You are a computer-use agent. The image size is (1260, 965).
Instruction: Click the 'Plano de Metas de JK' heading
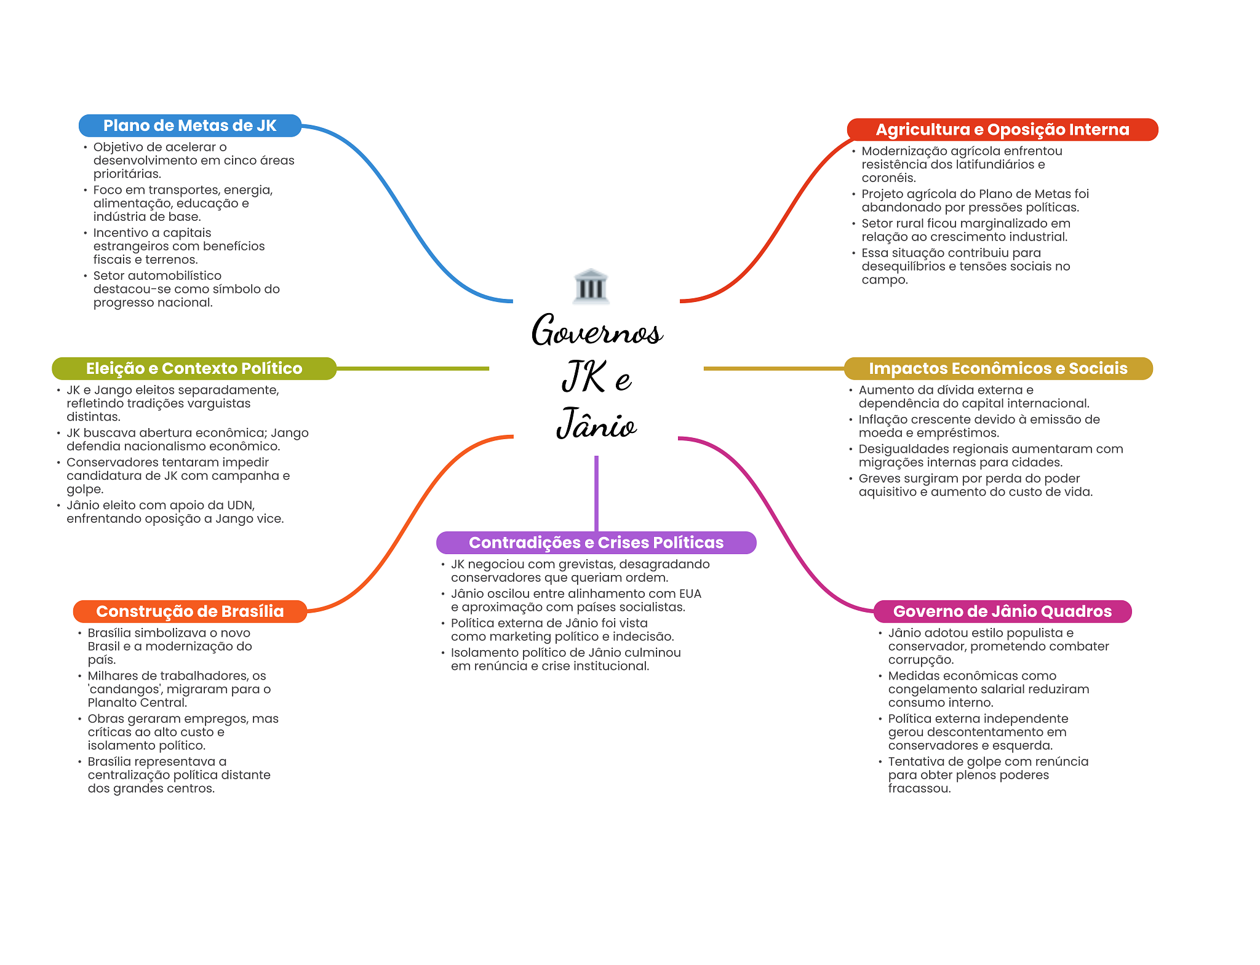[x=189, y=125]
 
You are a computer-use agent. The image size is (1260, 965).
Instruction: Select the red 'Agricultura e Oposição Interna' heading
[x=1002, y=129]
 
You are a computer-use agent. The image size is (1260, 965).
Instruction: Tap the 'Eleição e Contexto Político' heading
[x=194, y=368]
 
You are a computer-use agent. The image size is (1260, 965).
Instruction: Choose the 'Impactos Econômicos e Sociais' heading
[x=998, y=368]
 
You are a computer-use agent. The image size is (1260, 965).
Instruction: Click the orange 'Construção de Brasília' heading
[x=189, y=611]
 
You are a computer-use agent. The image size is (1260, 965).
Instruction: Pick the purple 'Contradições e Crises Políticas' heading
[x=596, y=542]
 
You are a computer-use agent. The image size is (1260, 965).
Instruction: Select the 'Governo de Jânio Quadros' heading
[x=1002, y=611]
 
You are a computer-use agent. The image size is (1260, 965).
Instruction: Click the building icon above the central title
[x=591, y=286]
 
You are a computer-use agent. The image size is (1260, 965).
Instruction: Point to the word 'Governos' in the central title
[x=597, y=330]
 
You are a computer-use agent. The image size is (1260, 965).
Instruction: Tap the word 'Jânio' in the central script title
[x=596, y=423]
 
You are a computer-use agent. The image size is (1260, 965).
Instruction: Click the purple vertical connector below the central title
[x=596, y=493]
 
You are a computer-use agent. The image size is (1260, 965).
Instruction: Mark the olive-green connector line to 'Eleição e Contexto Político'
[x=413, y=368]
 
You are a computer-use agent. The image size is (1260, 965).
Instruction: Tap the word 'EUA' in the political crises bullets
[x=690, y=594]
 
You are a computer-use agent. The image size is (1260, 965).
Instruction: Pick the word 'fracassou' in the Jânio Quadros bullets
[x=919, y=788]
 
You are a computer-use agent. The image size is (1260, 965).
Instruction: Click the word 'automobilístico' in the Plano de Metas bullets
[x=174, y=276]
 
